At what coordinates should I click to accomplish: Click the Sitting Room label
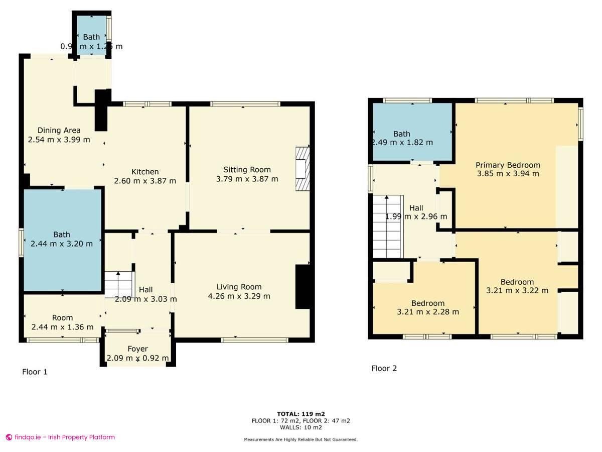[247, 170]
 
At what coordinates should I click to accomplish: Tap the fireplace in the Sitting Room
[303, 169]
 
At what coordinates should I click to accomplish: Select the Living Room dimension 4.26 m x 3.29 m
[239, 296]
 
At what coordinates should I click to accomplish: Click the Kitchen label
[145, 172]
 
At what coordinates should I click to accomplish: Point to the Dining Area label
[59, 131]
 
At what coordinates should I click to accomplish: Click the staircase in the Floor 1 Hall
[119, 285]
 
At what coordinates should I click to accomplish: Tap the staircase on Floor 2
[387, 226]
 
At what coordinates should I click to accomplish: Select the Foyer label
[137, 349]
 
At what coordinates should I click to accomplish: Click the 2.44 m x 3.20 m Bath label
[62, 235]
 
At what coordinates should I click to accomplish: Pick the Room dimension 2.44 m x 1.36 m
[62, 327]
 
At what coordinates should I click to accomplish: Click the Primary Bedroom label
[508, 165]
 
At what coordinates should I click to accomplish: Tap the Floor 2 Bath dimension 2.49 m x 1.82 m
[402, 143]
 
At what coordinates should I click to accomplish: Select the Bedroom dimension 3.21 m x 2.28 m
[428, 312]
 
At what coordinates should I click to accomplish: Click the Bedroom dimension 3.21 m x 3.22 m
[517, 291]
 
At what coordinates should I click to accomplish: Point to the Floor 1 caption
[35, 372]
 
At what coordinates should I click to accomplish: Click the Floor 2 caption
[384, 369]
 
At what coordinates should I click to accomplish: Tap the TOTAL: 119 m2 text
[300, 414]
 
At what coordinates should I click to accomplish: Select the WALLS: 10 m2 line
[300, 428]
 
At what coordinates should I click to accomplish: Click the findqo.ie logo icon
[9, 437]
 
